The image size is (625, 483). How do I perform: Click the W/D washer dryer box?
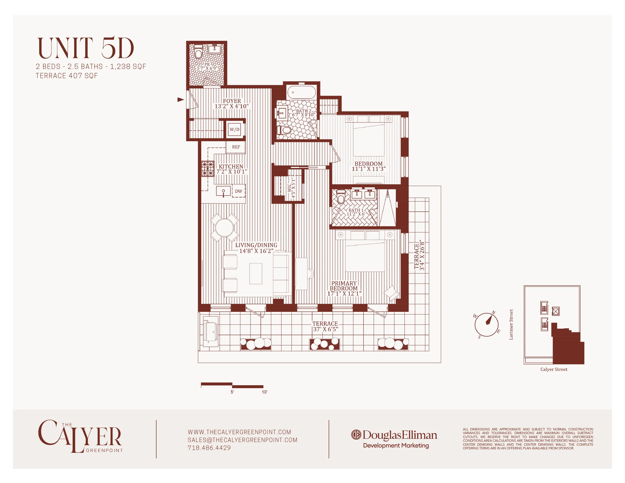[x=234, y=130]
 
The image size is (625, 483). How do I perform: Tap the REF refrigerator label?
[x=236, y=147]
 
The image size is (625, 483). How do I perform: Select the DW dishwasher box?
[x=238, y=191]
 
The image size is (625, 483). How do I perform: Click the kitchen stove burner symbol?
[x=208, y=169]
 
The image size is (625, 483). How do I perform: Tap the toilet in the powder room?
[x=198, y=52]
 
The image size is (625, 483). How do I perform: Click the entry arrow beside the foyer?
[x=180, y=99]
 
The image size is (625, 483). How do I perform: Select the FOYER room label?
[x=232, y=101]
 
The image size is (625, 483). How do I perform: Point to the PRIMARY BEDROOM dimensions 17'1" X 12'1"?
[x=344, y=293]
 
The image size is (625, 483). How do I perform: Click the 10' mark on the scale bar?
[x=264, y=392]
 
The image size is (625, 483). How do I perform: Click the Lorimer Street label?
[x=511, y=324]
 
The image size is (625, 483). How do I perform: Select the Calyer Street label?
[x=554, y=369]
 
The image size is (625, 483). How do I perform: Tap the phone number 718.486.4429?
[x=209, y=448]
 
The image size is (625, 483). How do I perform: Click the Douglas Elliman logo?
[x=394, y=435]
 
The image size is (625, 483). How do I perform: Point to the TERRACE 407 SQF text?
[x=67, y=76]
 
